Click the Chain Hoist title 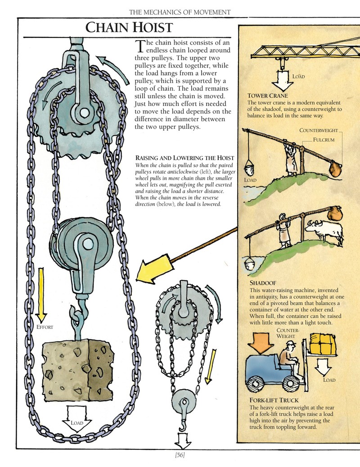(129, 28)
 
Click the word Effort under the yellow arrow (45, 327)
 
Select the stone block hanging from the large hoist (78, 372)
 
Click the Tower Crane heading (267, 95)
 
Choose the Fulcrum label (324, 140)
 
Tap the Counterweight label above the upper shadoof (319, 131)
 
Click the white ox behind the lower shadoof (325, 231)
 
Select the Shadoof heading (263, 283)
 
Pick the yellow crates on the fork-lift (323, 343)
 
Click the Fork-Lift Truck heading (274, 400)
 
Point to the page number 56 (180, 455)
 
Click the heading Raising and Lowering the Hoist (184, 158)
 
